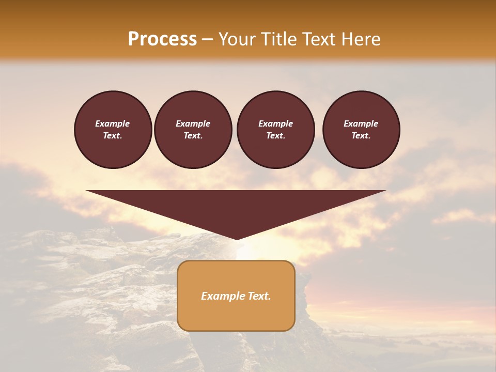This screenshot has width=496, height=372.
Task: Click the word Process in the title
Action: tap(162, 39)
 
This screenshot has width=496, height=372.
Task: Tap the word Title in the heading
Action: tap(280, 39)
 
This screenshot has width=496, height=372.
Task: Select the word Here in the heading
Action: tap(359, 39)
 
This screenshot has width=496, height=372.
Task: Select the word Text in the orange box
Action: tap(260, 296)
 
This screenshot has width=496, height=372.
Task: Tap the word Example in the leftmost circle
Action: tap(113, 123)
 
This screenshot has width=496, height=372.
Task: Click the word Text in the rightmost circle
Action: tap(361, 135)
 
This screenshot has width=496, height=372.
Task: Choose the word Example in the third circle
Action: tap(276, 123)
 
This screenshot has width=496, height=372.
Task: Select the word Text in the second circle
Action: tap(193, 135)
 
